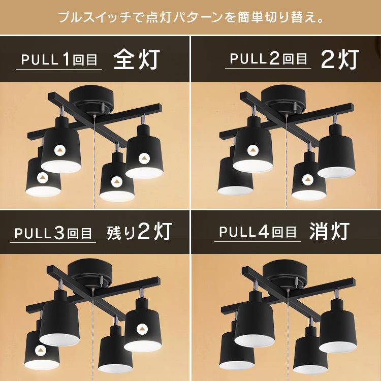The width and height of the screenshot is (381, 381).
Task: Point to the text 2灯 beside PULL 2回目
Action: [x=340, y=59]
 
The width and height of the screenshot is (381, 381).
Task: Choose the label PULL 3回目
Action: [x=53, y=233]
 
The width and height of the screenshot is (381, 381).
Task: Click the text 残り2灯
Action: [x=139, y=232]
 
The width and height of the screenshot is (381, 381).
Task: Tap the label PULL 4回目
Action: [x=258, y=233]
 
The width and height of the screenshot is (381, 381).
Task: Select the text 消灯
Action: [x=329, y=232]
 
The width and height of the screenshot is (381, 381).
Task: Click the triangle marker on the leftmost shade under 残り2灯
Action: [x=41, y=350]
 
